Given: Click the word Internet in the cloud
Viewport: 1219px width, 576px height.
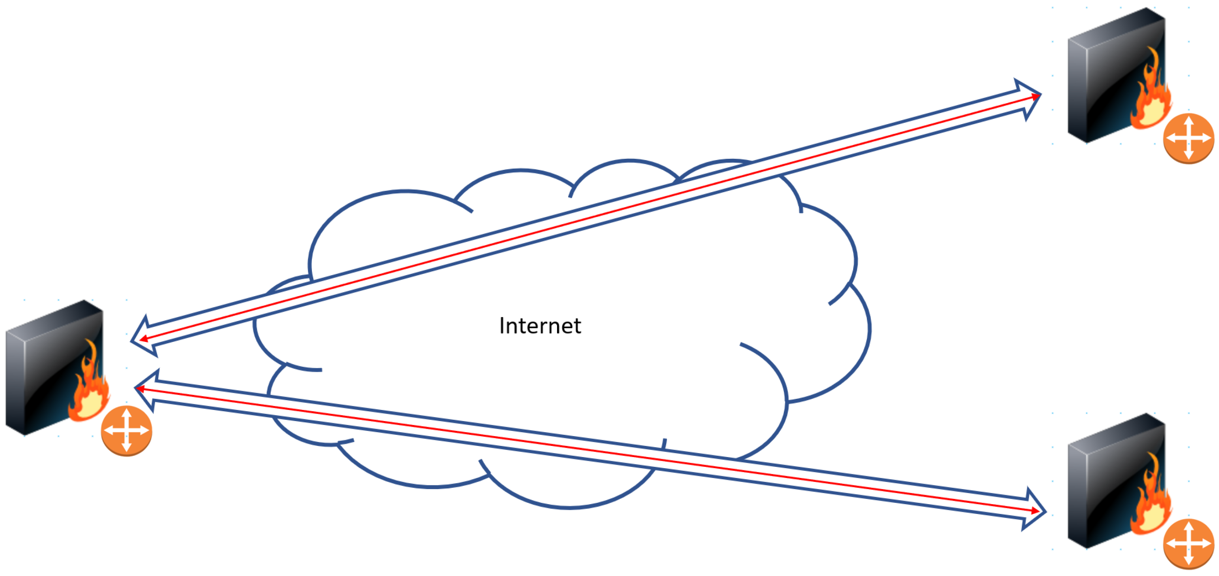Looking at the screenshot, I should [x=540, y=326].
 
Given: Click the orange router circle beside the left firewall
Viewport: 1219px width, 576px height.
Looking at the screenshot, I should [x=126, y=431].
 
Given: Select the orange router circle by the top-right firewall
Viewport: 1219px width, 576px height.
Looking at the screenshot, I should [x=1189, y=138].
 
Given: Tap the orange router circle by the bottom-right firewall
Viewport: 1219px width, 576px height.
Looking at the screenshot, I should [x=1189, y=544].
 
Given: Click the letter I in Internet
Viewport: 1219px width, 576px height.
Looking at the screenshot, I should [x=502, y=326].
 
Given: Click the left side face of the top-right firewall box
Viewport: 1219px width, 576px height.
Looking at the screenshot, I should [x=1077, y=90].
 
